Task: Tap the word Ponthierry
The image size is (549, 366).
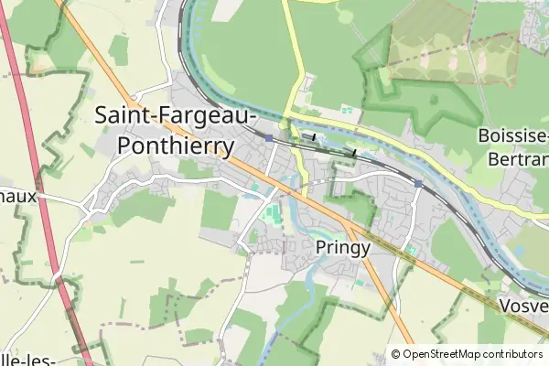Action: point(176,145)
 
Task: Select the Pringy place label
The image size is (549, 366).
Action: point(342,247)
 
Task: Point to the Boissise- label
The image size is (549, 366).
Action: point(512,137)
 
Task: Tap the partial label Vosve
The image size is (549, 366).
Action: point(524,307)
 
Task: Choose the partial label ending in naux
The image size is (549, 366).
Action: point(17,195)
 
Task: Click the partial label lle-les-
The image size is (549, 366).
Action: point(27,359)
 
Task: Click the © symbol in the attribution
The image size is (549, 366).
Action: point(396,354)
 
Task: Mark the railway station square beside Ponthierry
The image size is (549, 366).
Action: point(269,138)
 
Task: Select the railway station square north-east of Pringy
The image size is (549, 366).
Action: point(417,184)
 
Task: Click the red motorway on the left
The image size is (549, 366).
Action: point(37,183)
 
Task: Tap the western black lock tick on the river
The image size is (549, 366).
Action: point(314,136)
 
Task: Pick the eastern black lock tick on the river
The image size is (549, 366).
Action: point(354,150)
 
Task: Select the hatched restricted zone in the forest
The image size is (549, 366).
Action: point(453,59)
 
